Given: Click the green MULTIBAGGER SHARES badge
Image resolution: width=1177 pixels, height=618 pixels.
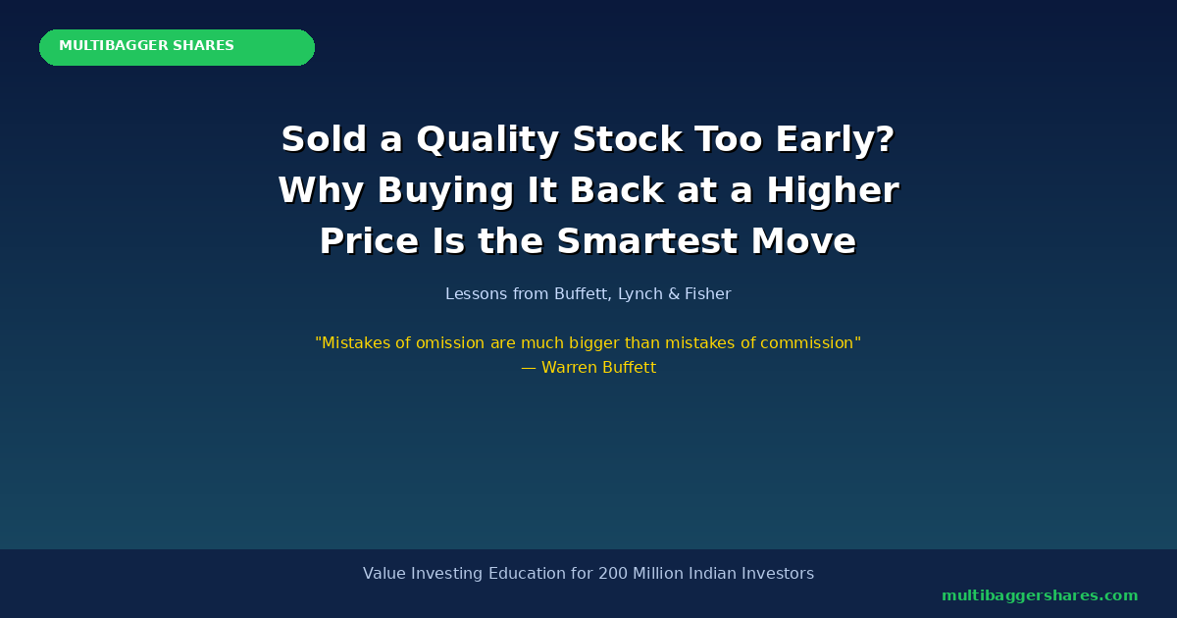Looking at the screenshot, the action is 178,47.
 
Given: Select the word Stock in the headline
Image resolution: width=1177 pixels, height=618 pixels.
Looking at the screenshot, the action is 628,139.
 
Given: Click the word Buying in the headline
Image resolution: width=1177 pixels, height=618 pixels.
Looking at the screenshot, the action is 445,191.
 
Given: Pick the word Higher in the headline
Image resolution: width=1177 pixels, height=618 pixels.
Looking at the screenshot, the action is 833,191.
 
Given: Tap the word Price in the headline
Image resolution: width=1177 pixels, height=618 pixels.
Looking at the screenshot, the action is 369,240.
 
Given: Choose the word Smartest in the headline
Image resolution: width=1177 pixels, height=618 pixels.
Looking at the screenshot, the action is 647,240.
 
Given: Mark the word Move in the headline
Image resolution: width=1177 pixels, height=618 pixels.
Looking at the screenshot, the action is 803,240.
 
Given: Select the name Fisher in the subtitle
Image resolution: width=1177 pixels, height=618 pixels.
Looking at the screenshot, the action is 708,293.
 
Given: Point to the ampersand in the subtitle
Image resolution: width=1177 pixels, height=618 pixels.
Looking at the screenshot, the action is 674,293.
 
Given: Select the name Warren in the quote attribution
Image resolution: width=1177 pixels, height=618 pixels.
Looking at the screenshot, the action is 569,367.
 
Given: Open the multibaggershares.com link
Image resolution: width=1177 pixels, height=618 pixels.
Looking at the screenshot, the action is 1040,596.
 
